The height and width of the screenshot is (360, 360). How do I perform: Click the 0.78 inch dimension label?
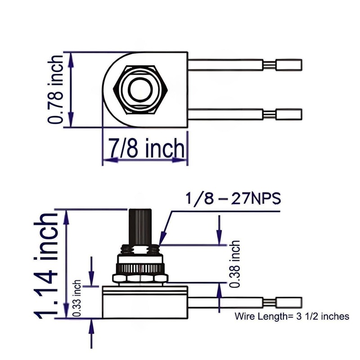click(x=57, y=89)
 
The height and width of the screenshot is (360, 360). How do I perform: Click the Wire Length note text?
click(x=292, y=316)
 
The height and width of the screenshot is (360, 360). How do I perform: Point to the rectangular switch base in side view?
click(x=144, y=301)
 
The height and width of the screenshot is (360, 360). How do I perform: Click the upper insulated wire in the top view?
click(x=225, y=65)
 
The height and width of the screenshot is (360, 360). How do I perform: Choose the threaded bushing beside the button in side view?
click(x=155, y=248)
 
